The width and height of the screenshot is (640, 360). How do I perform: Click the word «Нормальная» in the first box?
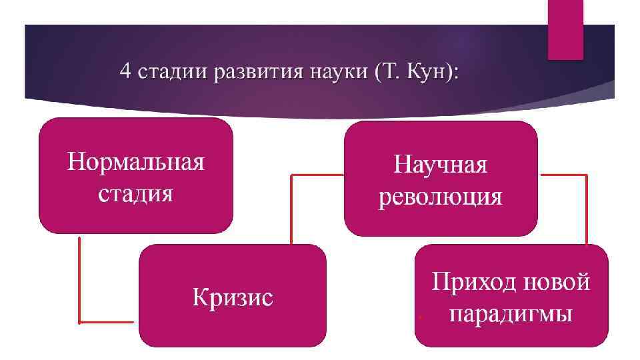pyautogui.click(x=135, y=162)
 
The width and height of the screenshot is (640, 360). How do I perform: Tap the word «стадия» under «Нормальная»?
pyautogui.click(x=135, y=194)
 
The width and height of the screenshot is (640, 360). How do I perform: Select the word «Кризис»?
pyautogui.click(x=233, y=297)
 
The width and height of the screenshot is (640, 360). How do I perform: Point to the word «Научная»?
pyautogui.click(x=440, y=165)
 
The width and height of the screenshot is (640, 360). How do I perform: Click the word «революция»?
pyautogui.click(x=441, y=197)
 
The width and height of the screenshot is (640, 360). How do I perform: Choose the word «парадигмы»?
pyautogui.click(x=511, y=313)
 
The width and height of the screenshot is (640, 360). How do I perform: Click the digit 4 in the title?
pyautogui.click(x=125, y=71)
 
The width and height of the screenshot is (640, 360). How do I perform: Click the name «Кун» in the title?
pyautogui.click(x=427, y=71)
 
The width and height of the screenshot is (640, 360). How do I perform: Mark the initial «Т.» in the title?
pyautogui.click(x=390, y=71)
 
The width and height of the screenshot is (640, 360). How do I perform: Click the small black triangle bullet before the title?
pyautogui.click(x=104, y=71)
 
